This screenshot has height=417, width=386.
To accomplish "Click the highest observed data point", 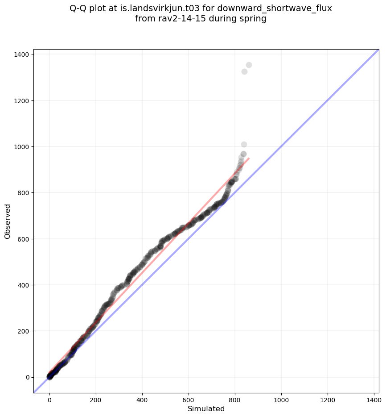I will pyautogui.click(x=249, y=65).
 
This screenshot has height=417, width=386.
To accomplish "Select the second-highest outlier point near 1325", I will pyautogui.click(x=244, y=71).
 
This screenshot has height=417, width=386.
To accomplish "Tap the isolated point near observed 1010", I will pyautogui.click(x=244, y=144).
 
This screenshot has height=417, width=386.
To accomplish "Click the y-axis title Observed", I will pyautogui.click(x=8, y=221).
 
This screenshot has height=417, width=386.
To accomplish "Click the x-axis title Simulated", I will pyautogui.click(x=206, y=409).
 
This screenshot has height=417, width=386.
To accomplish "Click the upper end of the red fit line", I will pyautogui.click(x=249, y=158).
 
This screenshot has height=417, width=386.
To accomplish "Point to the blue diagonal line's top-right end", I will pyautogui.click(x=378, y=50).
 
